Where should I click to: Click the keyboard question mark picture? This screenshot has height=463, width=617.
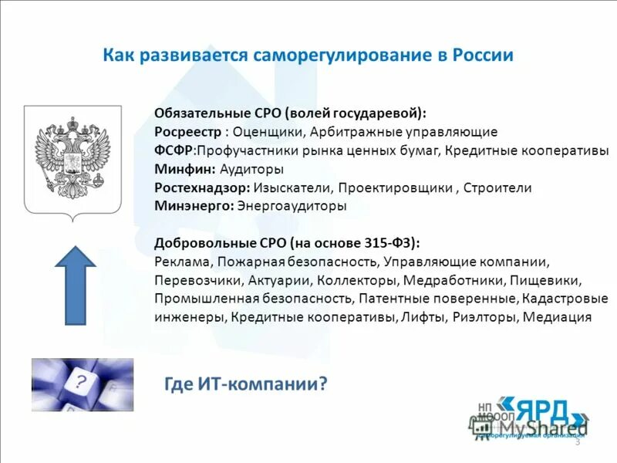pos(82,384)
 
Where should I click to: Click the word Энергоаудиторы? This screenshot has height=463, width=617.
pos(292,206)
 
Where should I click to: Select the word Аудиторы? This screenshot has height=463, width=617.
pos(251,169)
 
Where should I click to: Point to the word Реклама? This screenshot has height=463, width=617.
pos(180,262)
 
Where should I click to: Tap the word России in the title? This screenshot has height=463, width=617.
pos(483,56)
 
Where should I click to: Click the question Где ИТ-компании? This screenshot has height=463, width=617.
pos(247,384)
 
